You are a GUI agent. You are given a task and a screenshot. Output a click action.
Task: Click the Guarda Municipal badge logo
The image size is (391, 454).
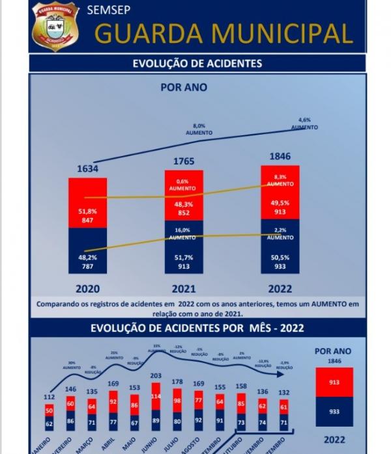[x=55, y=27]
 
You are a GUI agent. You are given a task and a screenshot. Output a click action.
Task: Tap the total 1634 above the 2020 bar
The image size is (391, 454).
[x=87, y=169]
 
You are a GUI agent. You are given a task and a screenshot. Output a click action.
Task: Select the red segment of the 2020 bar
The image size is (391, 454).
[x=87, y=203]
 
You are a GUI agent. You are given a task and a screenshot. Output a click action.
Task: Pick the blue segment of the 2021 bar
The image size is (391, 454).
[x=183, y=250]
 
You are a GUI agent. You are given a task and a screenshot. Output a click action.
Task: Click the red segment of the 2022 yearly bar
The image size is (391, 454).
[x=280, y=192]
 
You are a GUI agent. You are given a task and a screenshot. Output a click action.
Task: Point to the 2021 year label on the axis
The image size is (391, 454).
[x=183, y=289]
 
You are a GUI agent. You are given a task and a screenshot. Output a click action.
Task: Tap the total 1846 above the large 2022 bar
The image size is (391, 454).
[x=280, y=156]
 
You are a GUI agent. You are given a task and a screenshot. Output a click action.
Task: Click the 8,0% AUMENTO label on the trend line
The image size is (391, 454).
[x=199, y=129]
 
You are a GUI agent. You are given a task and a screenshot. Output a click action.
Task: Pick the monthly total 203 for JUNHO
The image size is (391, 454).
[x=156, y=376]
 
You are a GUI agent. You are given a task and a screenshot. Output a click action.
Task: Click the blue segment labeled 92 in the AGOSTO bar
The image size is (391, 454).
[x=199, y=420]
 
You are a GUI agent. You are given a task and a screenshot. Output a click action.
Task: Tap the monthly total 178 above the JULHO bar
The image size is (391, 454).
[x=178, y=381]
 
